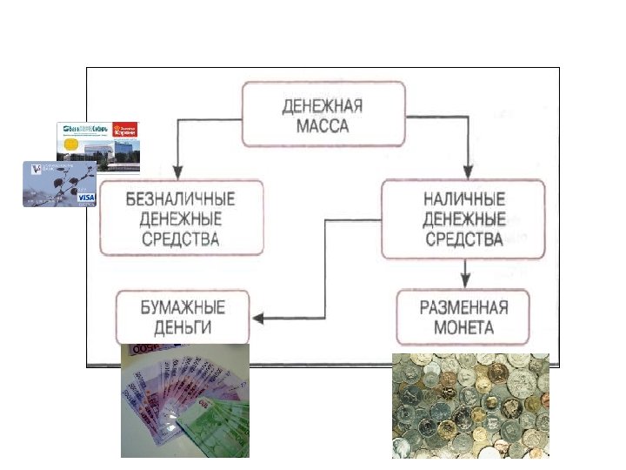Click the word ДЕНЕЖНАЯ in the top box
(323, 107)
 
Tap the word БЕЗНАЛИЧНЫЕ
(181, 198)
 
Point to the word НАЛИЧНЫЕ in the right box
(464, 198)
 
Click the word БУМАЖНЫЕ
(183, 307)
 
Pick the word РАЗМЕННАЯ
(464, 307)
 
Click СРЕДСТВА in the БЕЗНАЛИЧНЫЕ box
(181, 238)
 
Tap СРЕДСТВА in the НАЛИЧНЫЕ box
(464, 238)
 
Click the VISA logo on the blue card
(86, 198)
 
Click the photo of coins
(470, 405)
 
